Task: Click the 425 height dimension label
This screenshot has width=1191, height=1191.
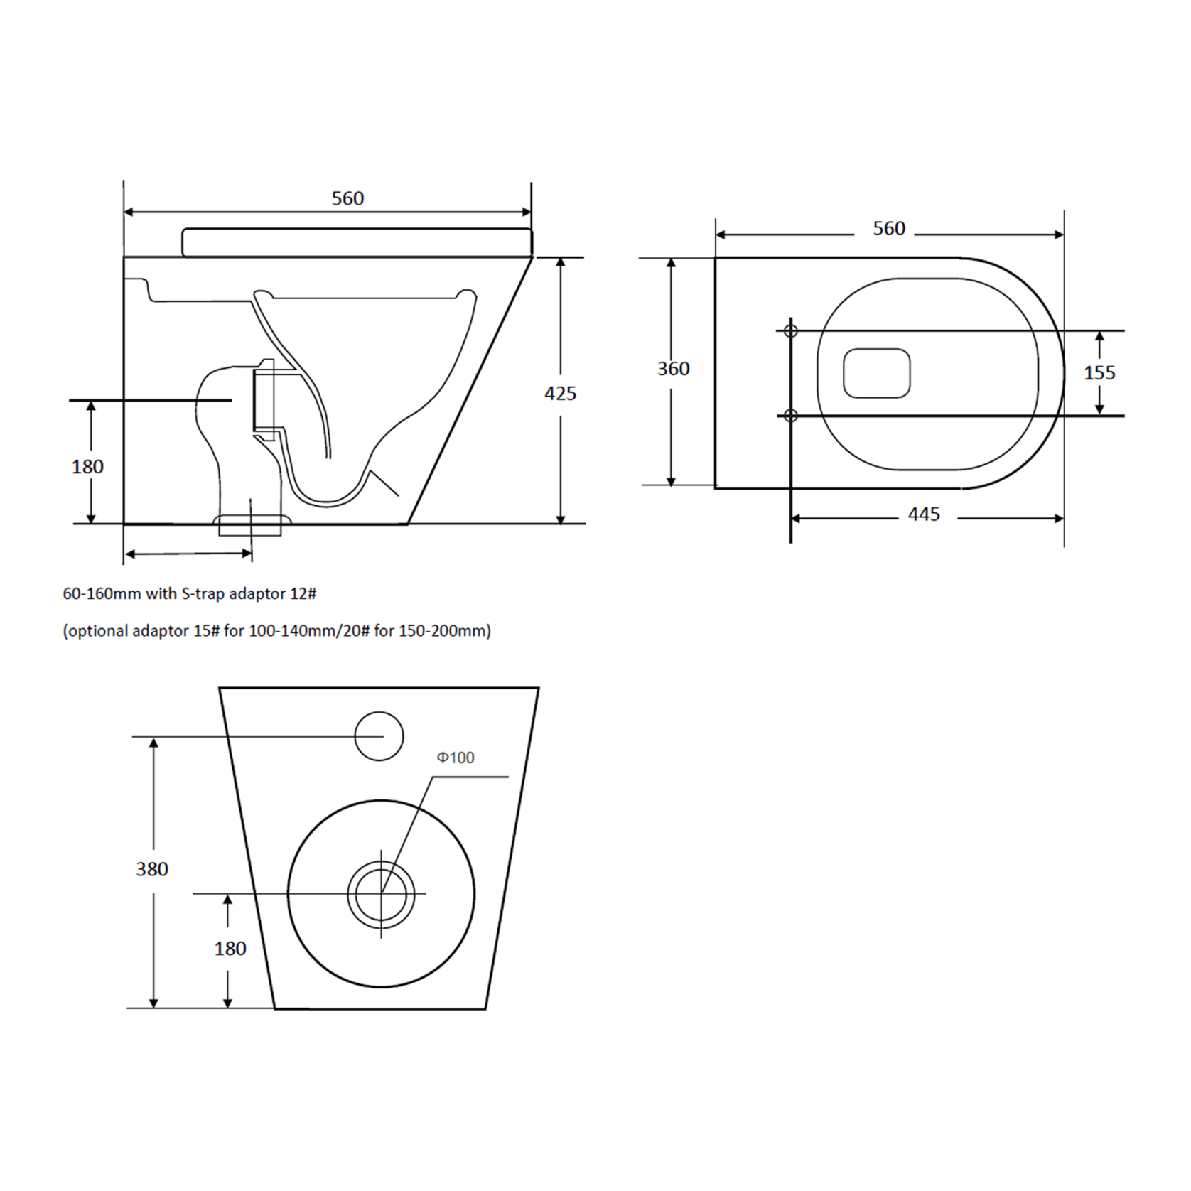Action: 560,393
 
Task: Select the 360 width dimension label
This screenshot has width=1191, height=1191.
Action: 673,369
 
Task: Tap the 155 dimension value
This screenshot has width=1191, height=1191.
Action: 1099,372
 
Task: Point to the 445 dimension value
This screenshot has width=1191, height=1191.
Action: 924,514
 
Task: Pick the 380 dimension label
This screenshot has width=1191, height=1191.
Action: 152,869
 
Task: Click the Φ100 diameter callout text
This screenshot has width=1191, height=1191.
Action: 456,758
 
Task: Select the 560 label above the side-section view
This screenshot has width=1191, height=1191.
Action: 347,198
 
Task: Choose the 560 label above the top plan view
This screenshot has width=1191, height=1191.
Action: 889,228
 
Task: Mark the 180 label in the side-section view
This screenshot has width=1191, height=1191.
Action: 87,467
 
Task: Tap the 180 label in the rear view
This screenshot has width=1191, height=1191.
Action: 230,949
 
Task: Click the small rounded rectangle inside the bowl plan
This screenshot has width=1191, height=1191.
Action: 877,373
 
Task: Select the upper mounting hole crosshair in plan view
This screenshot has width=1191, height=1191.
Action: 790,331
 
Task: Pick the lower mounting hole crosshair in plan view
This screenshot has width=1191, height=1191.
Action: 790,416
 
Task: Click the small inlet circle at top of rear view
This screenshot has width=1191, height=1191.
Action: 379,736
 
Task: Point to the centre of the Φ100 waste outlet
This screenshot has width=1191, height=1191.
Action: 382,894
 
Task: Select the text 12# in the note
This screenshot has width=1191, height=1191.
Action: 303,594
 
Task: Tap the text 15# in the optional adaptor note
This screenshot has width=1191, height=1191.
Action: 206,631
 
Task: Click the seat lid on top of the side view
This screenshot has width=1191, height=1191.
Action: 357,242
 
